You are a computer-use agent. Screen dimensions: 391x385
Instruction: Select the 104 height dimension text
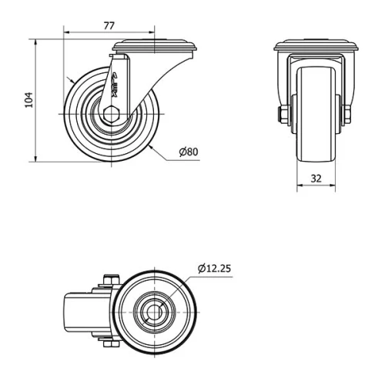coord(28,99)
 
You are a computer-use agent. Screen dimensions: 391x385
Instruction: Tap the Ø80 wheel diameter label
coord(189,152)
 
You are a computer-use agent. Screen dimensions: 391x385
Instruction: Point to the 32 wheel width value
coord(316,177)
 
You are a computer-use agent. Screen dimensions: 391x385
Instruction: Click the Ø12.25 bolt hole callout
coord(214,268)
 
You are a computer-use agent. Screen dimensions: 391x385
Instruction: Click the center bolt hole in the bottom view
coord(156,312)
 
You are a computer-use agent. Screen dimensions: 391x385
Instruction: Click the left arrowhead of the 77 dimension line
coord(65,34)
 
